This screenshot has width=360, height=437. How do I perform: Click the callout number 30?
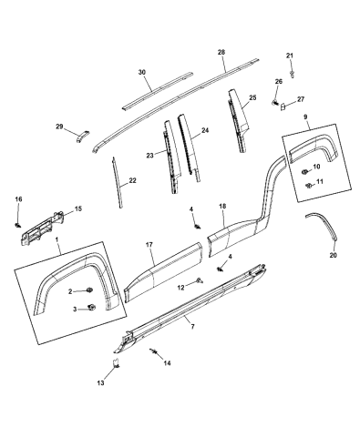point(141,72)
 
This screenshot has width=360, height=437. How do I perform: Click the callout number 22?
point(132,181)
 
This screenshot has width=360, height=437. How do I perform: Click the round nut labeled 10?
point(303,170)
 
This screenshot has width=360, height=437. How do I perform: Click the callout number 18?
point(221,208)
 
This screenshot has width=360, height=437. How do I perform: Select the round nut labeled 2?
point(95,290)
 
